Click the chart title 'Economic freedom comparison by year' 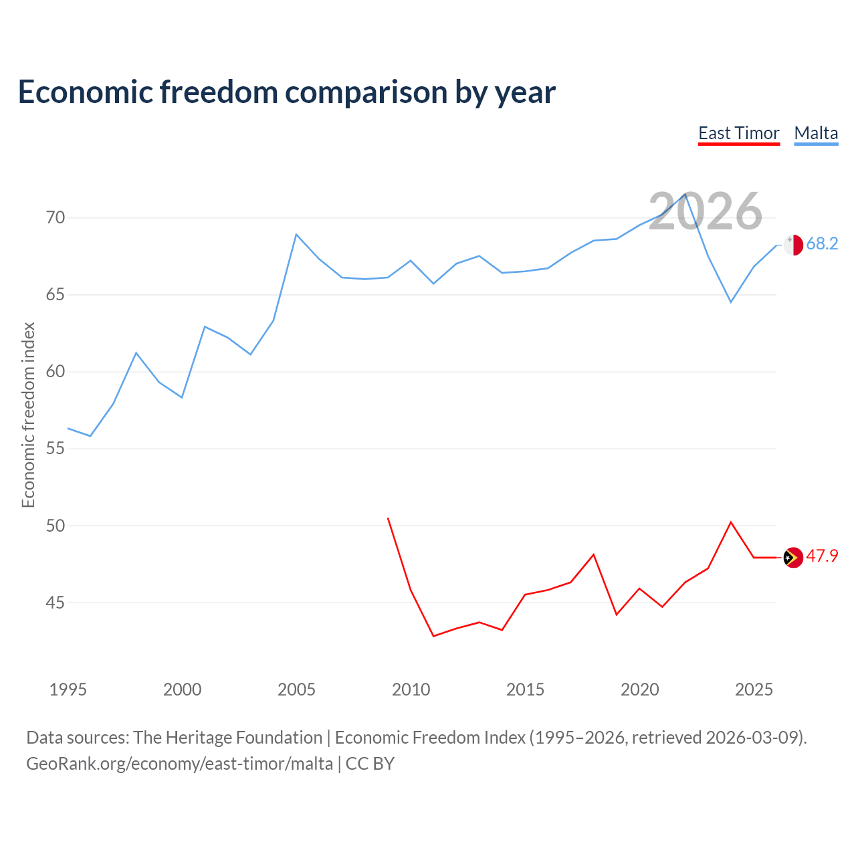pyautogui.click(x=286, y=92)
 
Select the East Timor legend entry pyautogui.click(x=738, y=134)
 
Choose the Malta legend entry pyautogui.click(x=816, y=134)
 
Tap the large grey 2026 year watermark pyautogui.click(x=705, y=211)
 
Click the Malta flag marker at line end pyautogui.click(x=793, y=245)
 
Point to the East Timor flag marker pyautogui.click(x=793, y=557)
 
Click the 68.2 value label pyautogui.click(x=822, y=244)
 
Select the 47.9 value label pyautogui.click(x=822, y=556)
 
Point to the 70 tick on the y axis pyautogui.click(x=56, y=218)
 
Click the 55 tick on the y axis pyautogui.click(x=56, y=449)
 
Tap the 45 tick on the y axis pyautogui.click(x=56, y=603)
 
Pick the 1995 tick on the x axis pyautogui.click(x=68, y=689)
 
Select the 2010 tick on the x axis pyautogui.click(x=411, y=689)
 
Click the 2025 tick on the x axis pyautogui.click(x=754, y=689)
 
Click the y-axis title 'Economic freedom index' pyautogui.click(x=28, y=415)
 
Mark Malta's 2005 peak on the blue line pyautogui.click(x=296, y=234)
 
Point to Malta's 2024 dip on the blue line pyautogui.click(x=731, y=302)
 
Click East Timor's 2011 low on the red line pyautogui.click(x=433, y=636)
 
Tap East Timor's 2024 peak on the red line pyautogui.click(x=731, y=522)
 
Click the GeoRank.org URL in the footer pyautogui.click(x=179, y=764)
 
